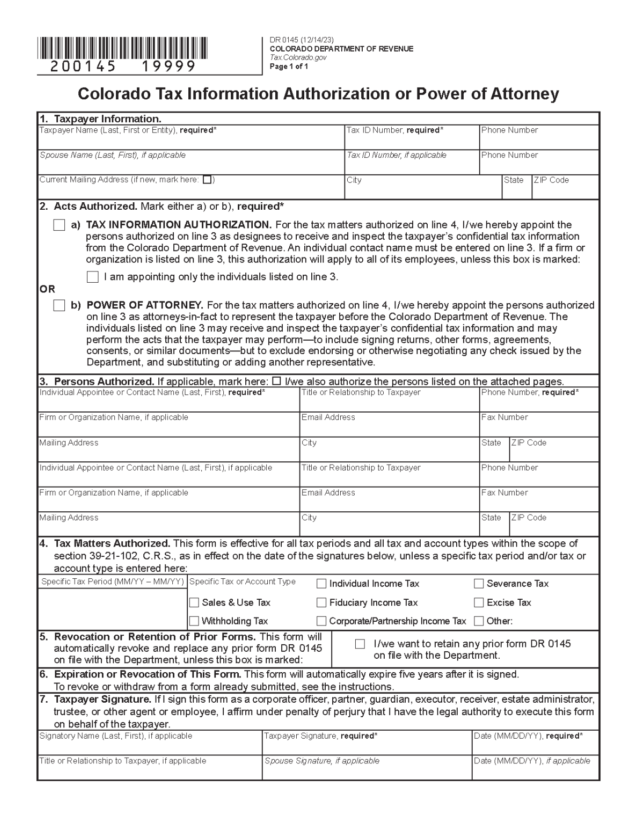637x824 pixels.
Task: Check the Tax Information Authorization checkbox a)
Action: click(59, 225)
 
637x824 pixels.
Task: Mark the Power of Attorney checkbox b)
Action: click(59, 306)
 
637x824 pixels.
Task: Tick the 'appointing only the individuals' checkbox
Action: click(93, 277)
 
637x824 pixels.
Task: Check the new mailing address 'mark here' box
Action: click(207, 180)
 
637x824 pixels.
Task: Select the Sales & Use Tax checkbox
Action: click(194, 603)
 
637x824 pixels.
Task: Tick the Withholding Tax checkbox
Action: click(194, 621)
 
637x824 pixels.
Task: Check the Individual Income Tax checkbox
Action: click(321, 584)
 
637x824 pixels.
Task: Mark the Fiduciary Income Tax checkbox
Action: click(321, 603)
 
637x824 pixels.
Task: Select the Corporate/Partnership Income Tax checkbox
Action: click(321, 621)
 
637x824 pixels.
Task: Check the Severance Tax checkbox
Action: click(479, 584)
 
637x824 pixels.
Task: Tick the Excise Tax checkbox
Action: click(479, 603)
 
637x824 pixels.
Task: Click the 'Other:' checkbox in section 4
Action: click(479, 621)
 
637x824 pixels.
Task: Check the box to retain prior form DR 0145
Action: click(360, 644)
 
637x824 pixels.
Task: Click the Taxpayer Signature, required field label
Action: click(320, 736)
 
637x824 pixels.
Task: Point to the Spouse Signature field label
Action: click(321, 761)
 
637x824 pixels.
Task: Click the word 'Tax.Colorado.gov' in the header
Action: click(298, 57)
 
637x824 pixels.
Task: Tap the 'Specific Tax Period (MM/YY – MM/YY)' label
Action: click(113, 582)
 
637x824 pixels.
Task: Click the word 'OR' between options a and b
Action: click(47, 289)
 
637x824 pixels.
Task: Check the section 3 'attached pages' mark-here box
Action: click(277, 381)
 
